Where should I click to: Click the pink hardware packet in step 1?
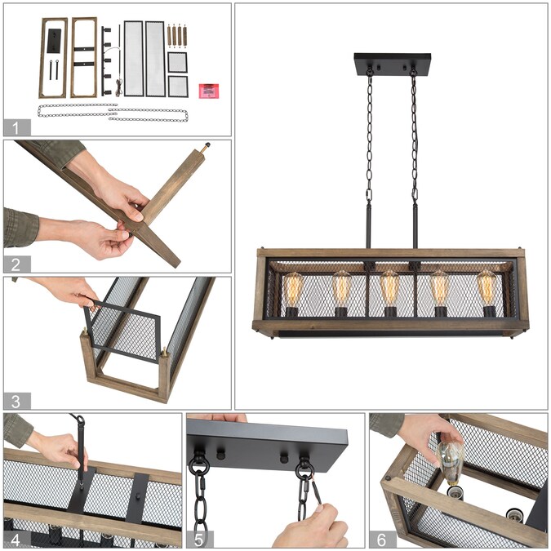pyautogui.click(x=209, y=91)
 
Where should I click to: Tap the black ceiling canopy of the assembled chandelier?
pyautogui.click(x=392, y=64)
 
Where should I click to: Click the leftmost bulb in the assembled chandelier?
pyautogui.click(x=293, y=290)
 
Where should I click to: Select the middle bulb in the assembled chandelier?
pyautogui.click(x=389, y=288)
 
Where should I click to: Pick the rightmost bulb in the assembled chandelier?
pyautogui.click(x=487, y=288)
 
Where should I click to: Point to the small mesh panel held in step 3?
pyautogui.click(x=122, y=331)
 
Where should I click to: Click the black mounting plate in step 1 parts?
pyautogui.click(x=54, y=41)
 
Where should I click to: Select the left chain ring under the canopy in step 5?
pyautogui.click(x=199, y=464)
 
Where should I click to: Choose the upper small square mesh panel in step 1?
pyautogui.click(x=177, y=63)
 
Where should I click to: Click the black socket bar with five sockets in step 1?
pyautogui.click(x=106, y=60)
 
